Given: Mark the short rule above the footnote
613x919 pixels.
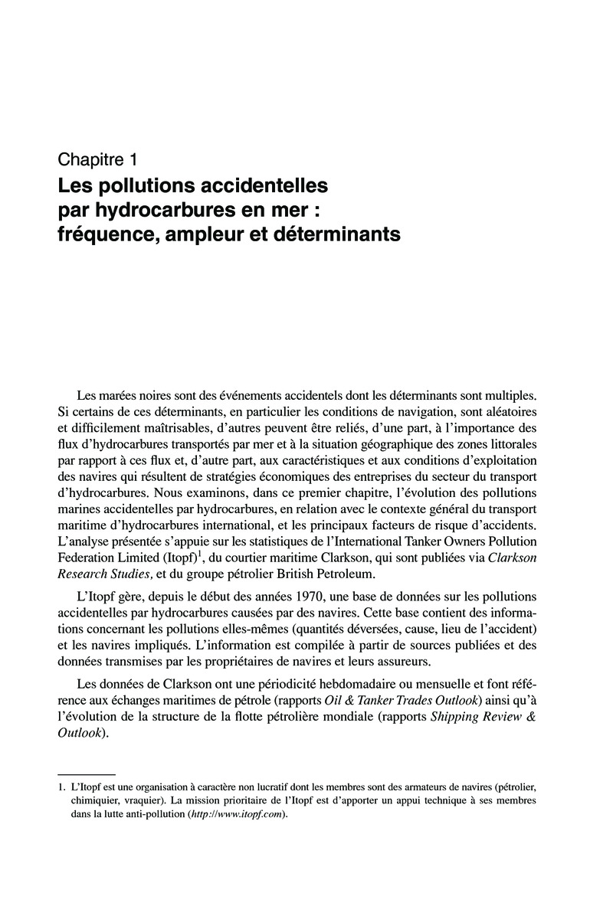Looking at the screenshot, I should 87,774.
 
